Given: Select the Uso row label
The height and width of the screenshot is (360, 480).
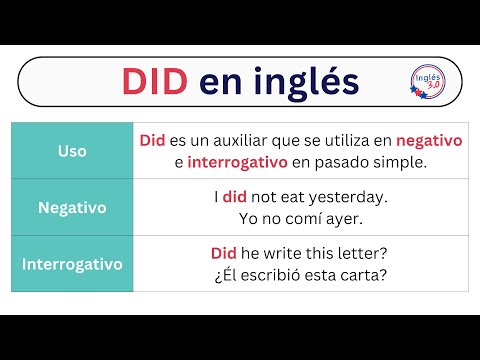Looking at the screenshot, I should pyautogui.click(x=72, y=151).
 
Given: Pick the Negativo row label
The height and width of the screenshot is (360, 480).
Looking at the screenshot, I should pyautogui.click(x=72, y=207).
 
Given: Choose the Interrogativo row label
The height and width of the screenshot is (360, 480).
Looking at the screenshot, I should pyautogui.click(x=72, y=264).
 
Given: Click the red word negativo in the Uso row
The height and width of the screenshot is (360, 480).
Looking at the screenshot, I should pyautogui.click(x=429, y=141).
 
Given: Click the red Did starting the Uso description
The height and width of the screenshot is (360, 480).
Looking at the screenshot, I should pyautogui.click(x=152, y=141).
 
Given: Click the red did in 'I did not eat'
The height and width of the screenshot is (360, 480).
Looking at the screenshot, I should pyautogui.click(x=233, y=197).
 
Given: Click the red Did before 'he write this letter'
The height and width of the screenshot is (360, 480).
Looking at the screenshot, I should pyautogui.click(x=224, y=254).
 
